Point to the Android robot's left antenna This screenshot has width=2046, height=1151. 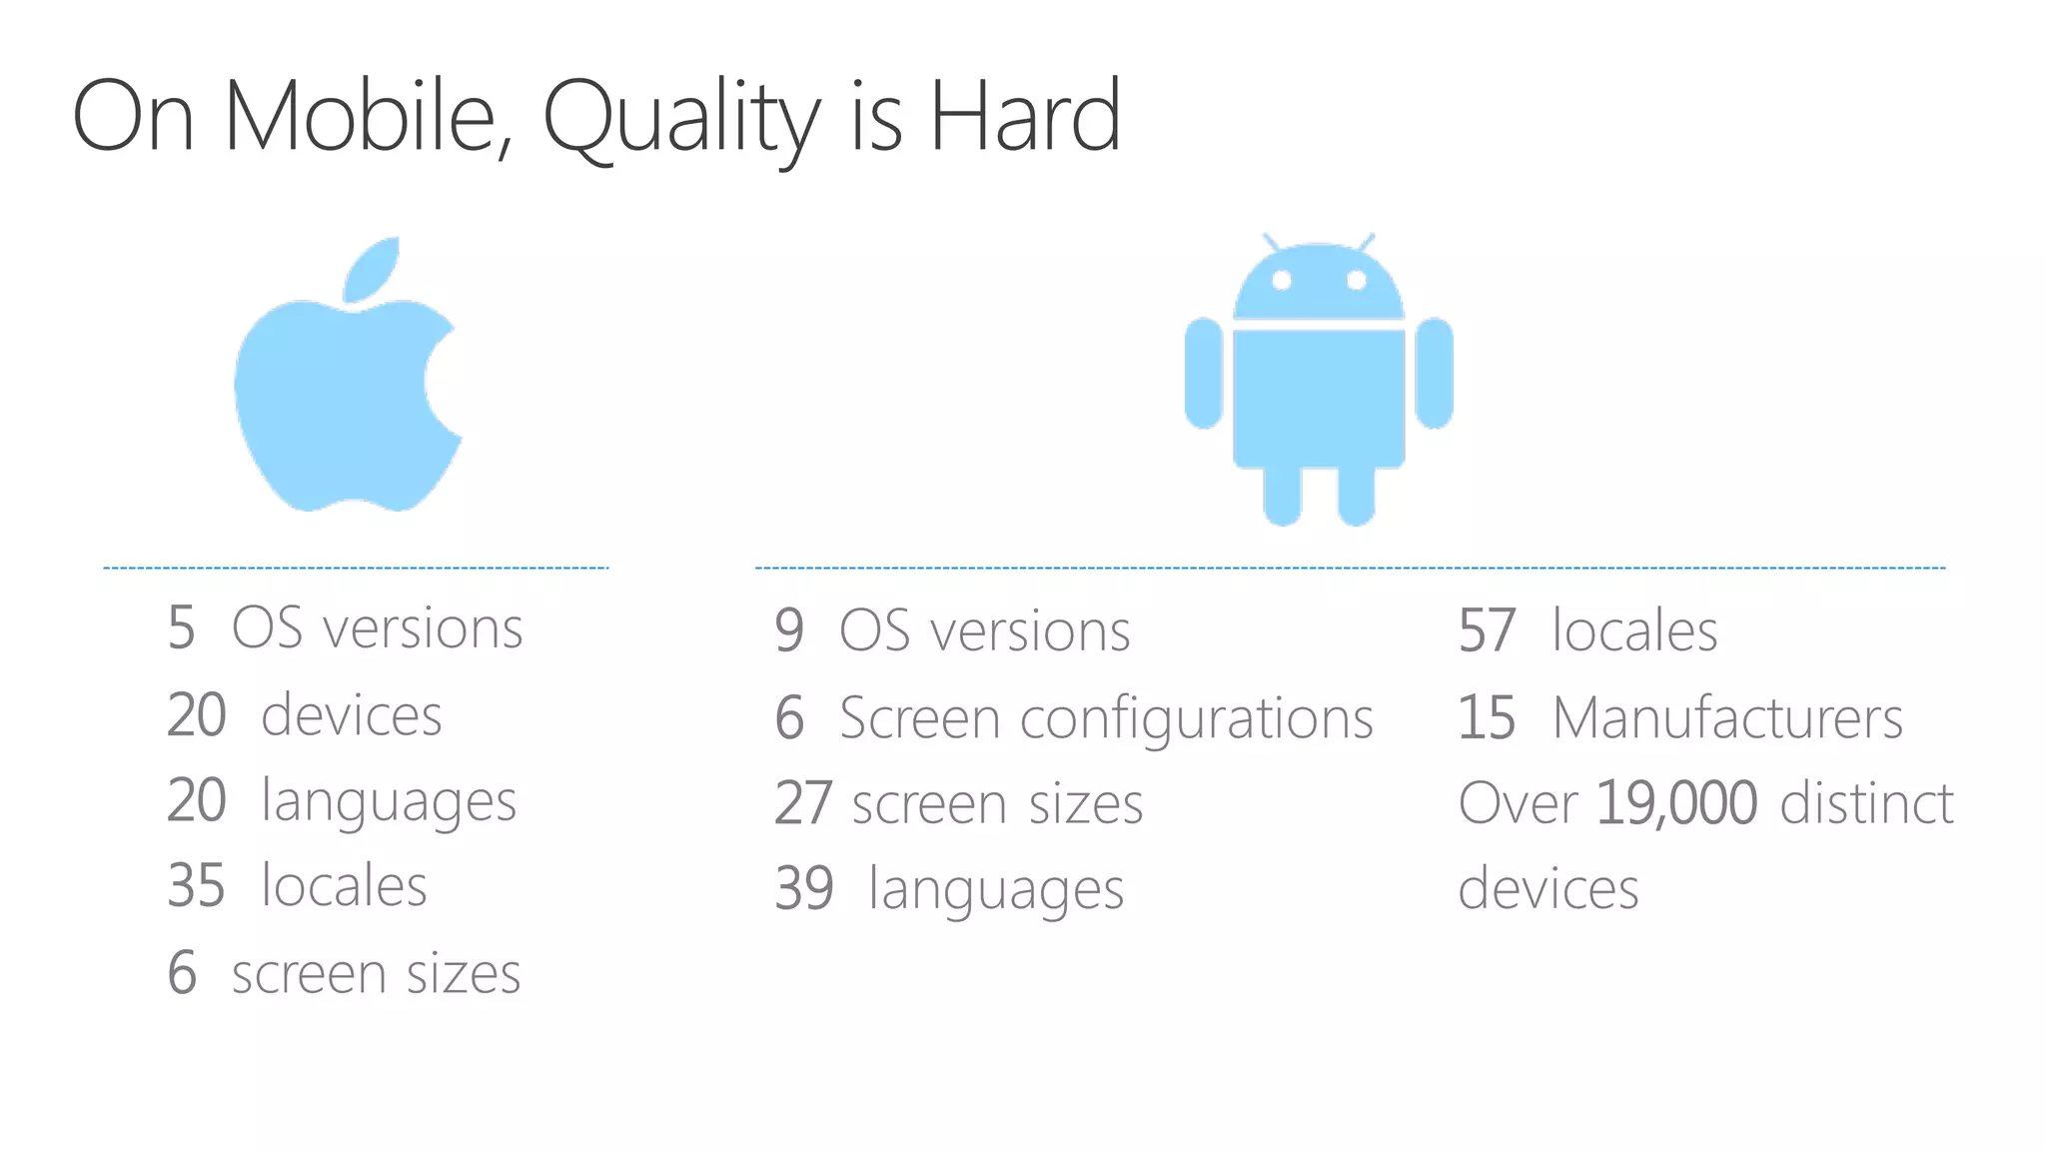click(x=1272, y=243)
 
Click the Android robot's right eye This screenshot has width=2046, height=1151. click(x=1357, y=280)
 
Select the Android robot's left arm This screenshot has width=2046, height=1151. click(x=1204, y=373)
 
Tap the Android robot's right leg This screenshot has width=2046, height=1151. click(x=1357, y=495)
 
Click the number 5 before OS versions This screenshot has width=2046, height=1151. click(x=181, y=628)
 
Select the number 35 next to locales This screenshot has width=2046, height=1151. click(x=197, y=885)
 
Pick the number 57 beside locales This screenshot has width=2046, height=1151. click(x=1487, y=630)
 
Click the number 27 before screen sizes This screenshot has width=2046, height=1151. click(x=803, y=803)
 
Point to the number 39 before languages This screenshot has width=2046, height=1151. click(x=804, y=888)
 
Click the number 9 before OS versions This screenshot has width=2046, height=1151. click(x=789, y=630)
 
